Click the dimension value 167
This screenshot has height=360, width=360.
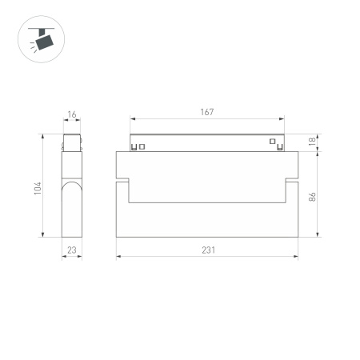(x=207, y=112)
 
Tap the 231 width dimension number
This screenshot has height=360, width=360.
(x=207, y=250)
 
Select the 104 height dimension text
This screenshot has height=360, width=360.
(x=38, y=189)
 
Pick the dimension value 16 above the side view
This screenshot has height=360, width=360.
(x=72, y=115)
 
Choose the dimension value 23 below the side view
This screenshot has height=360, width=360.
(x=72, y=250)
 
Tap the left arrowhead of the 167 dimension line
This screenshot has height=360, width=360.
(x=133, y=120)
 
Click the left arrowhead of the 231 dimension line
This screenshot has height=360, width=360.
(x=119, y=257)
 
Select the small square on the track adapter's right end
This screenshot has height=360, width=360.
(x=272, y=145)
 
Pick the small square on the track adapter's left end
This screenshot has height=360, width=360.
(x=142, y=146)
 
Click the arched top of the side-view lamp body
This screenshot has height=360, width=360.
(x=72, y=185)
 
